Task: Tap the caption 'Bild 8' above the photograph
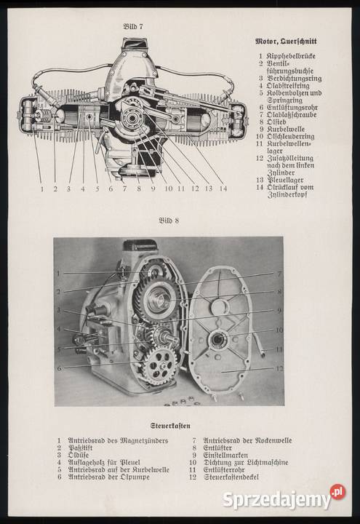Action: [x=169, y=220]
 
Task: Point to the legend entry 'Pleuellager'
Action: [x=289, y=179]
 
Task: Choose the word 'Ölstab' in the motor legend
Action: [x=281, y=122]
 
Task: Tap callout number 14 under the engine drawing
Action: [x=223, y=189]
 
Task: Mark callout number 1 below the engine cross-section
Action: [x=41, y=189]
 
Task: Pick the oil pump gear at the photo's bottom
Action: [x=159, y=365]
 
